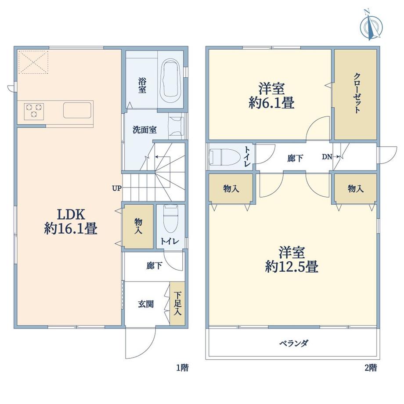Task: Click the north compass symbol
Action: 371,25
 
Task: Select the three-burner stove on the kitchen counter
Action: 34,111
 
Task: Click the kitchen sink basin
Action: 77,110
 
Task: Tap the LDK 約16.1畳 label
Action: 71,221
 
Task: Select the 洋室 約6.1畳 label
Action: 271,96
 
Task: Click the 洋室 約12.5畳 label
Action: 292,259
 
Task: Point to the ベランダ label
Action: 294,343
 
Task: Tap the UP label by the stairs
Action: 116,188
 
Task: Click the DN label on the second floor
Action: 327,157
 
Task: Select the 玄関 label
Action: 146,304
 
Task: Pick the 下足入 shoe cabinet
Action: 177,303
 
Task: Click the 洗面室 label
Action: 144,130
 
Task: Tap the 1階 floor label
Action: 182,368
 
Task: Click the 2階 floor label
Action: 371,368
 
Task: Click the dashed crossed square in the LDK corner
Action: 33,62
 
